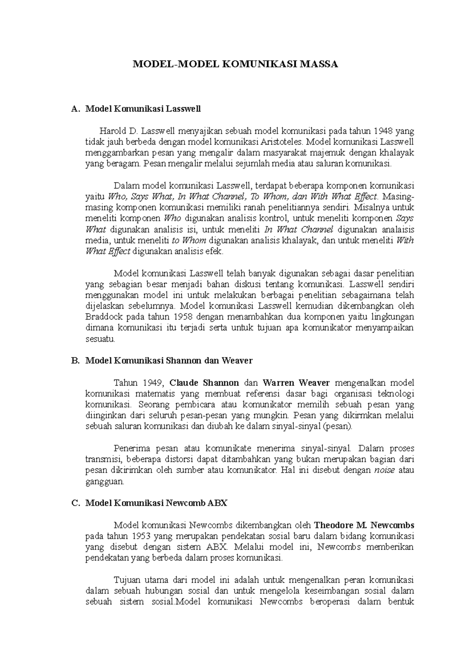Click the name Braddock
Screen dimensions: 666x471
point(101,317)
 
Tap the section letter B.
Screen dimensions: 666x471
point(75,360)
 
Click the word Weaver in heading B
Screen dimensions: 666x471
point(237,360)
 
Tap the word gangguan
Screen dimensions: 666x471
point(104,481)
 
